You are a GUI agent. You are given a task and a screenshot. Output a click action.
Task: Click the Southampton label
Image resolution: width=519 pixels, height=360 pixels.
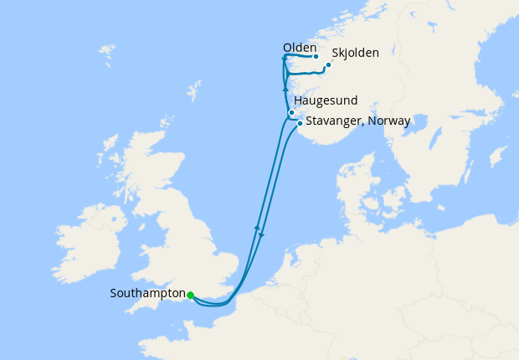click(147, 294)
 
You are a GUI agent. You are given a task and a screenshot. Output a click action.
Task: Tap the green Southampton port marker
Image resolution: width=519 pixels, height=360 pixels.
click(191, 295)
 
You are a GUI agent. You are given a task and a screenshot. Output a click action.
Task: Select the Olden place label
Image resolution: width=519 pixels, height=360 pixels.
click(300, 47)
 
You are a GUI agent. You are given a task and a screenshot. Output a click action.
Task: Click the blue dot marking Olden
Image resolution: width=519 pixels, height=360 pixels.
click(316, 57)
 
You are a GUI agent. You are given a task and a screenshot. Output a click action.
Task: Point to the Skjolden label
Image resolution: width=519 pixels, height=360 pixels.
click(355, 53)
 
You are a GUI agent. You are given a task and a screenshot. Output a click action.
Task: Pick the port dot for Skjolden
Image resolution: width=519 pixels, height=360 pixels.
click(329, 64)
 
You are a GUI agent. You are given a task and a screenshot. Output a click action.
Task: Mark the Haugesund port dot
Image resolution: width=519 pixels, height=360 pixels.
click(291, 112)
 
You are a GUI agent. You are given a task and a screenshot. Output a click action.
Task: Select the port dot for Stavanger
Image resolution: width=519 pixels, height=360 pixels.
click(300, 122)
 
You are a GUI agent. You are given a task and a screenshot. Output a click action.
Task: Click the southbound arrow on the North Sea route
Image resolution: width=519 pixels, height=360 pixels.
click(261, 234)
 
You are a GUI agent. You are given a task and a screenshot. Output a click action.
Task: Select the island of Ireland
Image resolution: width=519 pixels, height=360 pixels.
click(84, 243)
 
